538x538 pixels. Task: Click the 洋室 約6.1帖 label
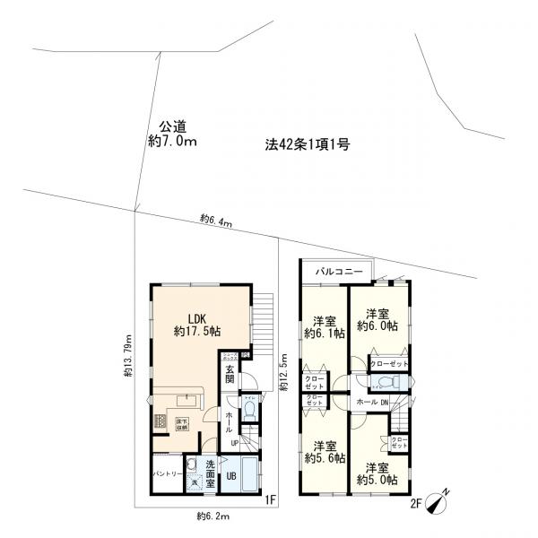point(323,328)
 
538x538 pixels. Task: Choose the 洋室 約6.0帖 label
point(376,319)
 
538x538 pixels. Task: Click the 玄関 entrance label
point(230,375)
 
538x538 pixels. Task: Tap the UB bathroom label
point(230,475)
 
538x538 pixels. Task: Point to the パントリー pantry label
point(168,472)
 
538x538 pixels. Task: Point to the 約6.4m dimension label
point(216,221)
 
